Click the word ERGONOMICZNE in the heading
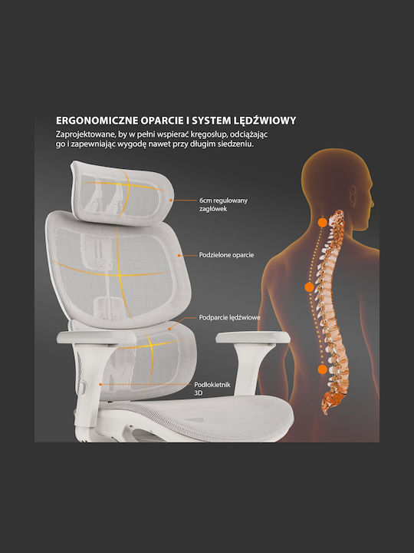coord(97,121)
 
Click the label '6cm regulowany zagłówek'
coord(223,204)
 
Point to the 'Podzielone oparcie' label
coord(226,255)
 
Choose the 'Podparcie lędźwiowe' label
coord(229,317)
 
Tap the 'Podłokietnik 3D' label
coord(212,389)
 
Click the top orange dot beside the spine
coord(322,222)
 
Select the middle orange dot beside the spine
coord(309,287)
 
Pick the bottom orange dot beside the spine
coord(323,369)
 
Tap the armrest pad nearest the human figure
coord(253,337)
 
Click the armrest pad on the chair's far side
coord(96,337)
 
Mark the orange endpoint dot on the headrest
coord(171,200)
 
